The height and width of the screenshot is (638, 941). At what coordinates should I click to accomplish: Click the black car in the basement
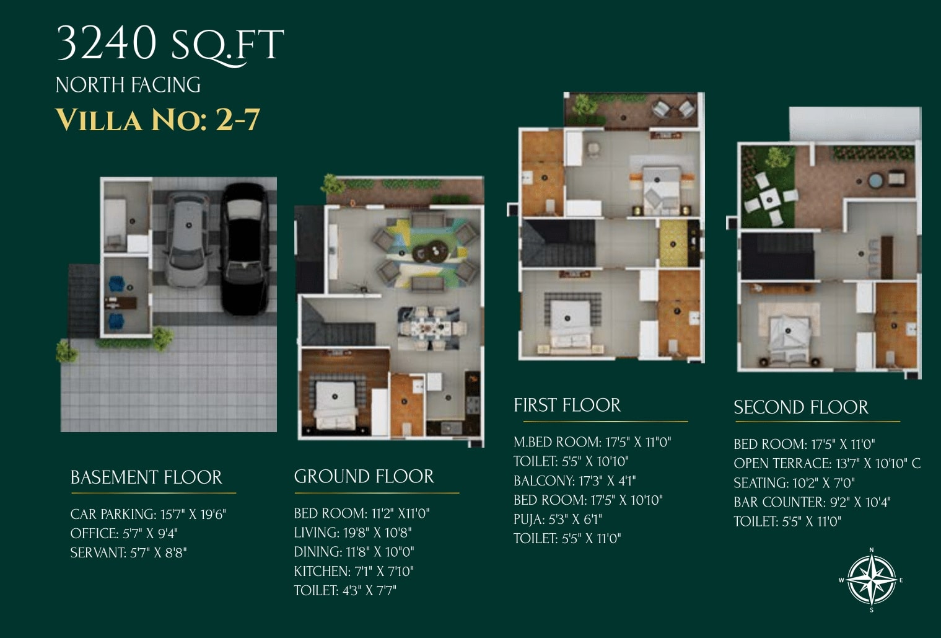[x=244, y=249]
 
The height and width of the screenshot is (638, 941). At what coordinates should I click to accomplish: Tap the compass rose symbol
[x=872, y=580]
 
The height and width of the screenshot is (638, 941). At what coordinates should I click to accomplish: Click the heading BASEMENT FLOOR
[x=146, y=477]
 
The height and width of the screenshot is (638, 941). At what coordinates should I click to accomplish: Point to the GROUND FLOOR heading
[x=364, y=477]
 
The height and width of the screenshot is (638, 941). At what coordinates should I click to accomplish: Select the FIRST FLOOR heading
[x=567, y=405]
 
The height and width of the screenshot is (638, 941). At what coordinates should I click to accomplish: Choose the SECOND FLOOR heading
[x=801, y=407]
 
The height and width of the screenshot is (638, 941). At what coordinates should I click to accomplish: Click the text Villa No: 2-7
[x=158, y=120]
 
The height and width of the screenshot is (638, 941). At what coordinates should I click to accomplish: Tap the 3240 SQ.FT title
[x=170, y=44]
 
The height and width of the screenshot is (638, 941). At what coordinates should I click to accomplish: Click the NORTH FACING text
[x=128, y=85]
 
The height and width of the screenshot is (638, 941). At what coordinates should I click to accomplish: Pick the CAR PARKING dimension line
[x=148, y=514]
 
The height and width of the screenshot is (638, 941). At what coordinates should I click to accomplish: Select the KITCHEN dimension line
[x=354, y=571]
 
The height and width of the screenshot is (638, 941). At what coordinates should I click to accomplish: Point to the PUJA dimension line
[x=558, y=520]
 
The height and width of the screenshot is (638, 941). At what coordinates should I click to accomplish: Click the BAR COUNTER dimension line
[x=812, y=502]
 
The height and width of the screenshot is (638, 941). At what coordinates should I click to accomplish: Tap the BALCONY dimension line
[x=575, y=481]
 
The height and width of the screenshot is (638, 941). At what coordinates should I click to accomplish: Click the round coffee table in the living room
[x=431, y=252]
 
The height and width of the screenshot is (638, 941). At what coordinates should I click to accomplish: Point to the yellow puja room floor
[x=673, y=244]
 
